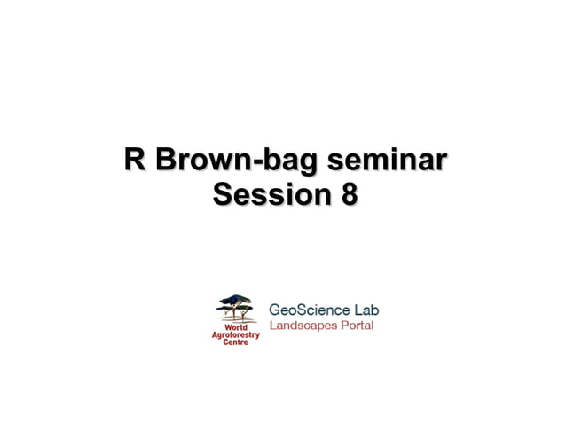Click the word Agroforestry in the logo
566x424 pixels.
pos(236,334)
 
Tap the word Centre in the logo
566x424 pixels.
pos(236,342)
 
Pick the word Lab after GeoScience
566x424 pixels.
pos(366,310)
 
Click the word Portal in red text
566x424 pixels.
pos(357,326)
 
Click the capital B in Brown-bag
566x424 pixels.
pos(166,161)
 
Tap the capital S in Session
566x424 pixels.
pos(223,194)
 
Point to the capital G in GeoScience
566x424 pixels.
pos(275,310)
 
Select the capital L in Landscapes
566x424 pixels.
pos(272,326)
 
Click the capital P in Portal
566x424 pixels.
pos(344,326)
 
